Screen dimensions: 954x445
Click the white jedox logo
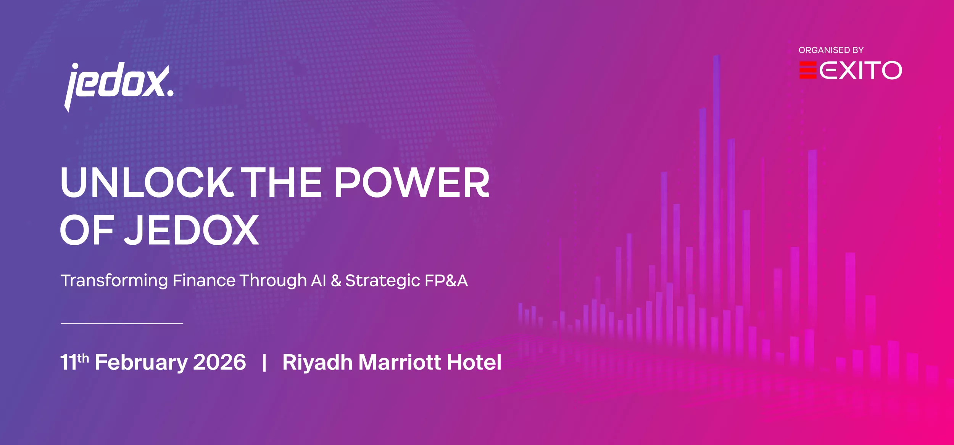(x=119, y=87)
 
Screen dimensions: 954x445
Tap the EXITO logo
(x=851, y=70)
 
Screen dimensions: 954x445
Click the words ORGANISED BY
(x=831, y=50)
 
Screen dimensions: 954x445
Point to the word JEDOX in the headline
(x=192, y=230)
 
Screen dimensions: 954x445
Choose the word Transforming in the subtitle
(x=114, y=281)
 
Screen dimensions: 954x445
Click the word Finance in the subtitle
(x=204, y=280)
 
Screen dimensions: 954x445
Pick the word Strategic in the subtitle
(x=383, y=281)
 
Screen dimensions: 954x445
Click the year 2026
(x=220, y=362)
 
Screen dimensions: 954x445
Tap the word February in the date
(x=141, y=363)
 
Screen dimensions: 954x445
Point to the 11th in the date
(x=74, y=361)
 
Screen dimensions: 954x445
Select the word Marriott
(x=400, y=362)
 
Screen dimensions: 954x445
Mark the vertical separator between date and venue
(x=264, y=362)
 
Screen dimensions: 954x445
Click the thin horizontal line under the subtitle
(x=122, y=323)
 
